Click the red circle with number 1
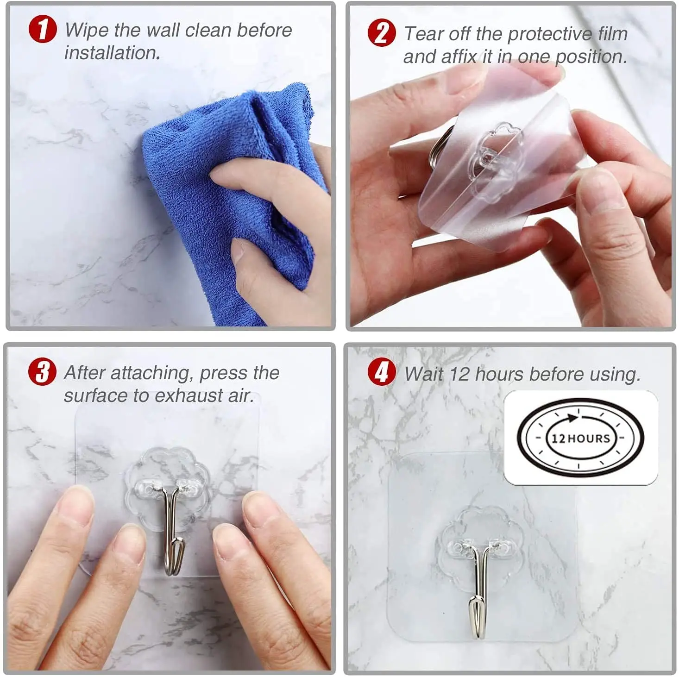43,29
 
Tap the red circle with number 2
382,33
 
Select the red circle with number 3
42,372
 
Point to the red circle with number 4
382,372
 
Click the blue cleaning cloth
232,185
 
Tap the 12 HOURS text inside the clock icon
580,438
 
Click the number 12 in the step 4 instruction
459,374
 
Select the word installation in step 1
112,53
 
